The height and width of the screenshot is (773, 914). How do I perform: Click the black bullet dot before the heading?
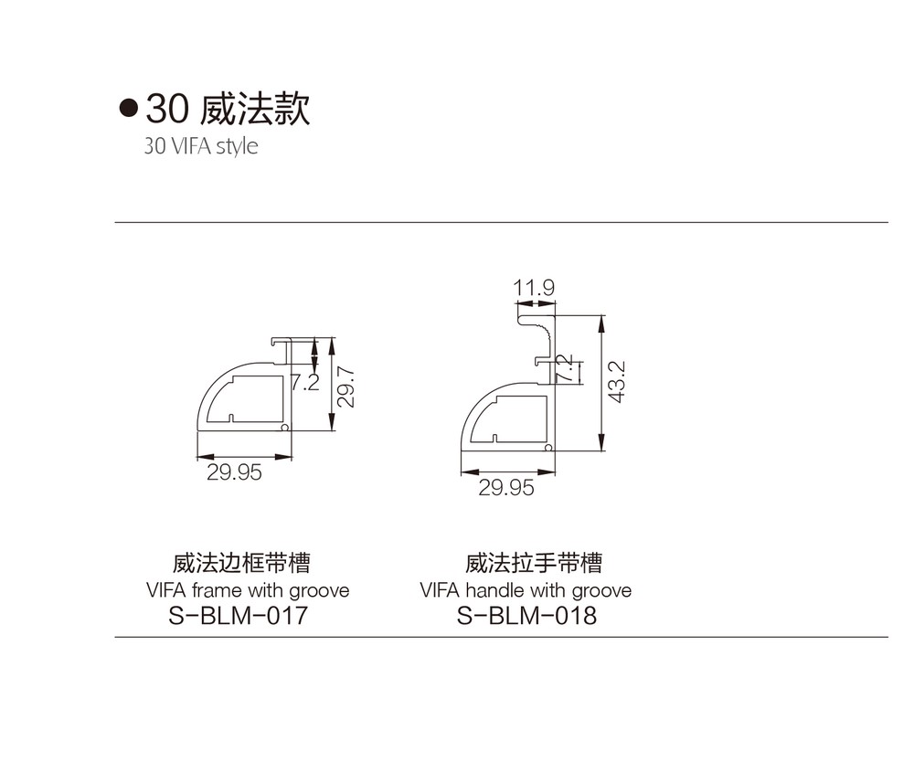128,109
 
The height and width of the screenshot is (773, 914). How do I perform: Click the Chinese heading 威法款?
255,109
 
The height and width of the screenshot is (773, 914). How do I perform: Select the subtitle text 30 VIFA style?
201,145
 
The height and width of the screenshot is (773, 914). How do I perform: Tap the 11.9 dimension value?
534,288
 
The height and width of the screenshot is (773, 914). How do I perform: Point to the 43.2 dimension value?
617,382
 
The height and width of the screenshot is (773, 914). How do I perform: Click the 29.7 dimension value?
345,386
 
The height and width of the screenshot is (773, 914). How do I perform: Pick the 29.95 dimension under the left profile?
234,472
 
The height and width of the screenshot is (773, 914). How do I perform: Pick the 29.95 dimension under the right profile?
506,488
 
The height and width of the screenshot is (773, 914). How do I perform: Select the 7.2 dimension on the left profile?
305,382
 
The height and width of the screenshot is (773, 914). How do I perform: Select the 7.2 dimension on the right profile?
564,368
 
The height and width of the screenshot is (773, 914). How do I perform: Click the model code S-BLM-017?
238,616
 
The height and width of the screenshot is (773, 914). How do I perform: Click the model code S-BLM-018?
526,616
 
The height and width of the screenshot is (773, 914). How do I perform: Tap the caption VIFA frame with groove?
248,590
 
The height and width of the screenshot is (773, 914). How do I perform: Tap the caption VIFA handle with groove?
526,590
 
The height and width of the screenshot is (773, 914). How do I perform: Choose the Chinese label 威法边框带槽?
241,563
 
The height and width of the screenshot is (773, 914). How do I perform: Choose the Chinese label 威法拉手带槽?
534,563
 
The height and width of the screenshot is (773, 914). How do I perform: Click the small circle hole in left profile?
285,427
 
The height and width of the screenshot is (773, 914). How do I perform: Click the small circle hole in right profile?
548,448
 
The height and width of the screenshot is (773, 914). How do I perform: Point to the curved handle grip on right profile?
542,335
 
